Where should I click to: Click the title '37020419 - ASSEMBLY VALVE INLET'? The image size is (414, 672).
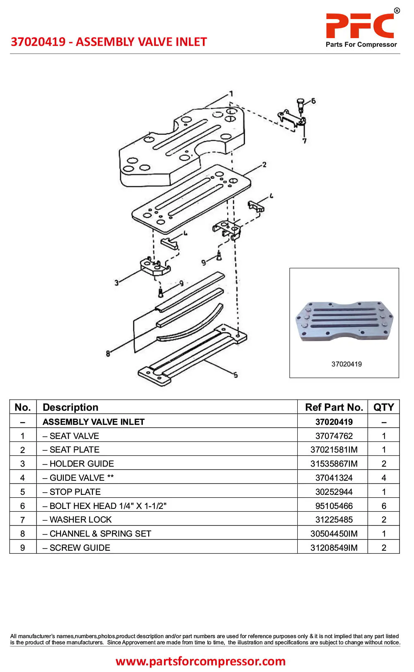[108, 42]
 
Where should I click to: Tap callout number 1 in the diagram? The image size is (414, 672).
[231, 94]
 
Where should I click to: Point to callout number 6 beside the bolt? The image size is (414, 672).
[313, 101]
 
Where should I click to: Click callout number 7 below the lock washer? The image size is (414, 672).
[304, 141]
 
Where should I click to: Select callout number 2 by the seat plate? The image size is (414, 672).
[265, 165]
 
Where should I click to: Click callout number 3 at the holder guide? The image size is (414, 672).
[116, 283]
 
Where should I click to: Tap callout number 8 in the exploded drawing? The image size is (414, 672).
[108, 353]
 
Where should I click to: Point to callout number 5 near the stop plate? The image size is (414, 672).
[236, 375]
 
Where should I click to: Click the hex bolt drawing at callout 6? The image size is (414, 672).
[301, 104]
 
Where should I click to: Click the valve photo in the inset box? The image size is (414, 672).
[344, 321]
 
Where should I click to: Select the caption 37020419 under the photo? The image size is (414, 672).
[347, 364]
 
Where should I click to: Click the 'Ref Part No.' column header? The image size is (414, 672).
[334, 407]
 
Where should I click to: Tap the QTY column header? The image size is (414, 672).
[383, 407]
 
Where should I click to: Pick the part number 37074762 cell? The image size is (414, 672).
[334, 436]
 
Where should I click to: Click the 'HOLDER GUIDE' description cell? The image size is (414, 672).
[82, 464]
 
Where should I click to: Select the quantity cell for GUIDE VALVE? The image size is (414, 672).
[383, 478]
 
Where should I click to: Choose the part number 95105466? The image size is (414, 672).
[334, 506]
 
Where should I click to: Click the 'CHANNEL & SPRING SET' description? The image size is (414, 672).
[100, 534]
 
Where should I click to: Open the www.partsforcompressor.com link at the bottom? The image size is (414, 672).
[200, 661]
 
